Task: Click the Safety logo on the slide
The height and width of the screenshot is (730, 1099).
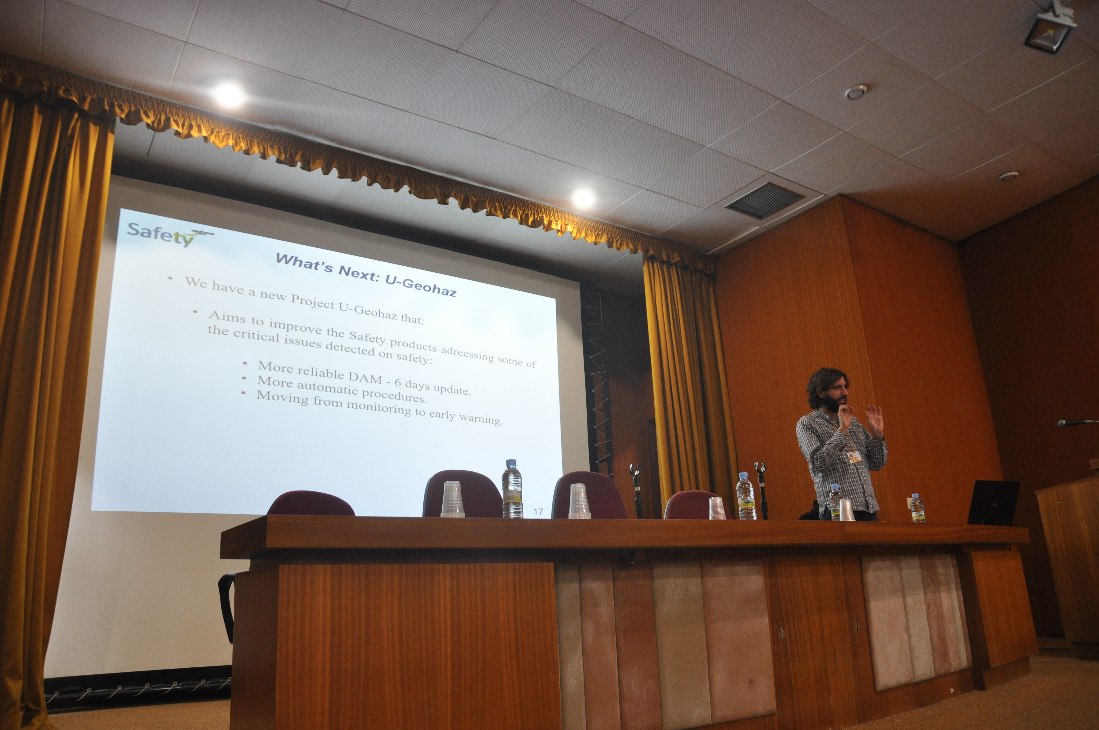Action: (170, 234)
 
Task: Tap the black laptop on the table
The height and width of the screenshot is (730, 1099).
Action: (993, 503)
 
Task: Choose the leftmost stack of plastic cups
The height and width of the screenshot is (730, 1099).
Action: (452, 500)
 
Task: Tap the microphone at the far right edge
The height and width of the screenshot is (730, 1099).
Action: (1077, 422)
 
